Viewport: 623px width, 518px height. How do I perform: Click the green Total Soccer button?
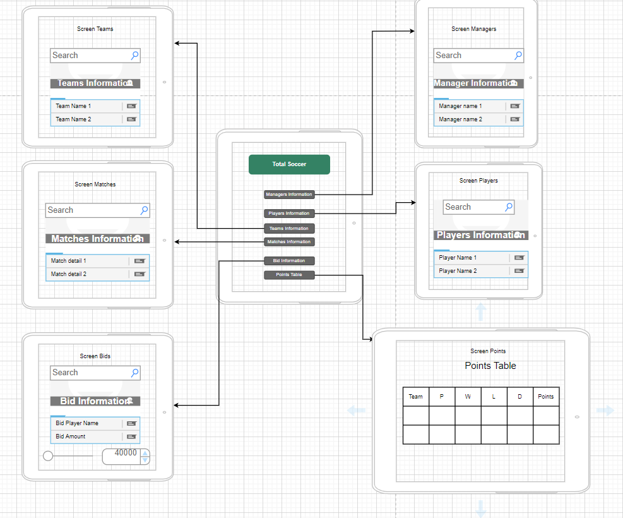(x=289, y=164)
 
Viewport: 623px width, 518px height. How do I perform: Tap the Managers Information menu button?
(x=289, y=195)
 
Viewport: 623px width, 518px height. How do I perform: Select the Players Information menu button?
(x=289, y=214)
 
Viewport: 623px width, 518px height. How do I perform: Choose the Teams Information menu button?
(x=289, y=229)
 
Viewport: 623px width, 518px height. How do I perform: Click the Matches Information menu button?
(x=289, y=242)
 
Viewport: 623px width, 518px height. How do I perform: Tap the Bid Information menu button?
(x=289, y=261)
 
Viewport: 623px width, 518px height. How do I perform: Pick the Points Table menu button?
(x=289, y=275)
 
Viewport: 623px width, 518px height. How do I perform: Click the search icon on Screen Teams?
(x=134, y=56)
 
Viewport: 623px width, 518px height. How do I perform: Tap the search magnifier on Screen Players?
(x=508, y=207)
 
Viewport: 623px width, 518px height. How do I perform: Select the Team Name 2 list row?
(x=88, y=119)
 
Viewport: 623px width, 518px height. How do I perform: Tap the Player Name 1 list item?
(x=470, y=258)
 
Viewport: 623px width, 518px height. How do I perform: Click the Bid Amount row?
(x=88, y=437)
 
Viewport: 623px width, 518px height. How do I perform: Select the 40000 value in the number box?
(x=126, y=453)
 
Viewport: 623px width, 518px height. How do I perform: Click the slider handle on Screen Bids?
(x=48, y=456)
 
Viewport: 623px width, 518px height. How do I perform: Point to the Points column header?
(x=546, y=397)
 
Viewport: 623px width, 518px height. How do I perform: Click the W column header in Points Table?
(x=468, y=397)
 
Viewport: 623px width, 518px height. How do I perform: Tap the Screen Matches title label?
(x=95, y=184)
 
